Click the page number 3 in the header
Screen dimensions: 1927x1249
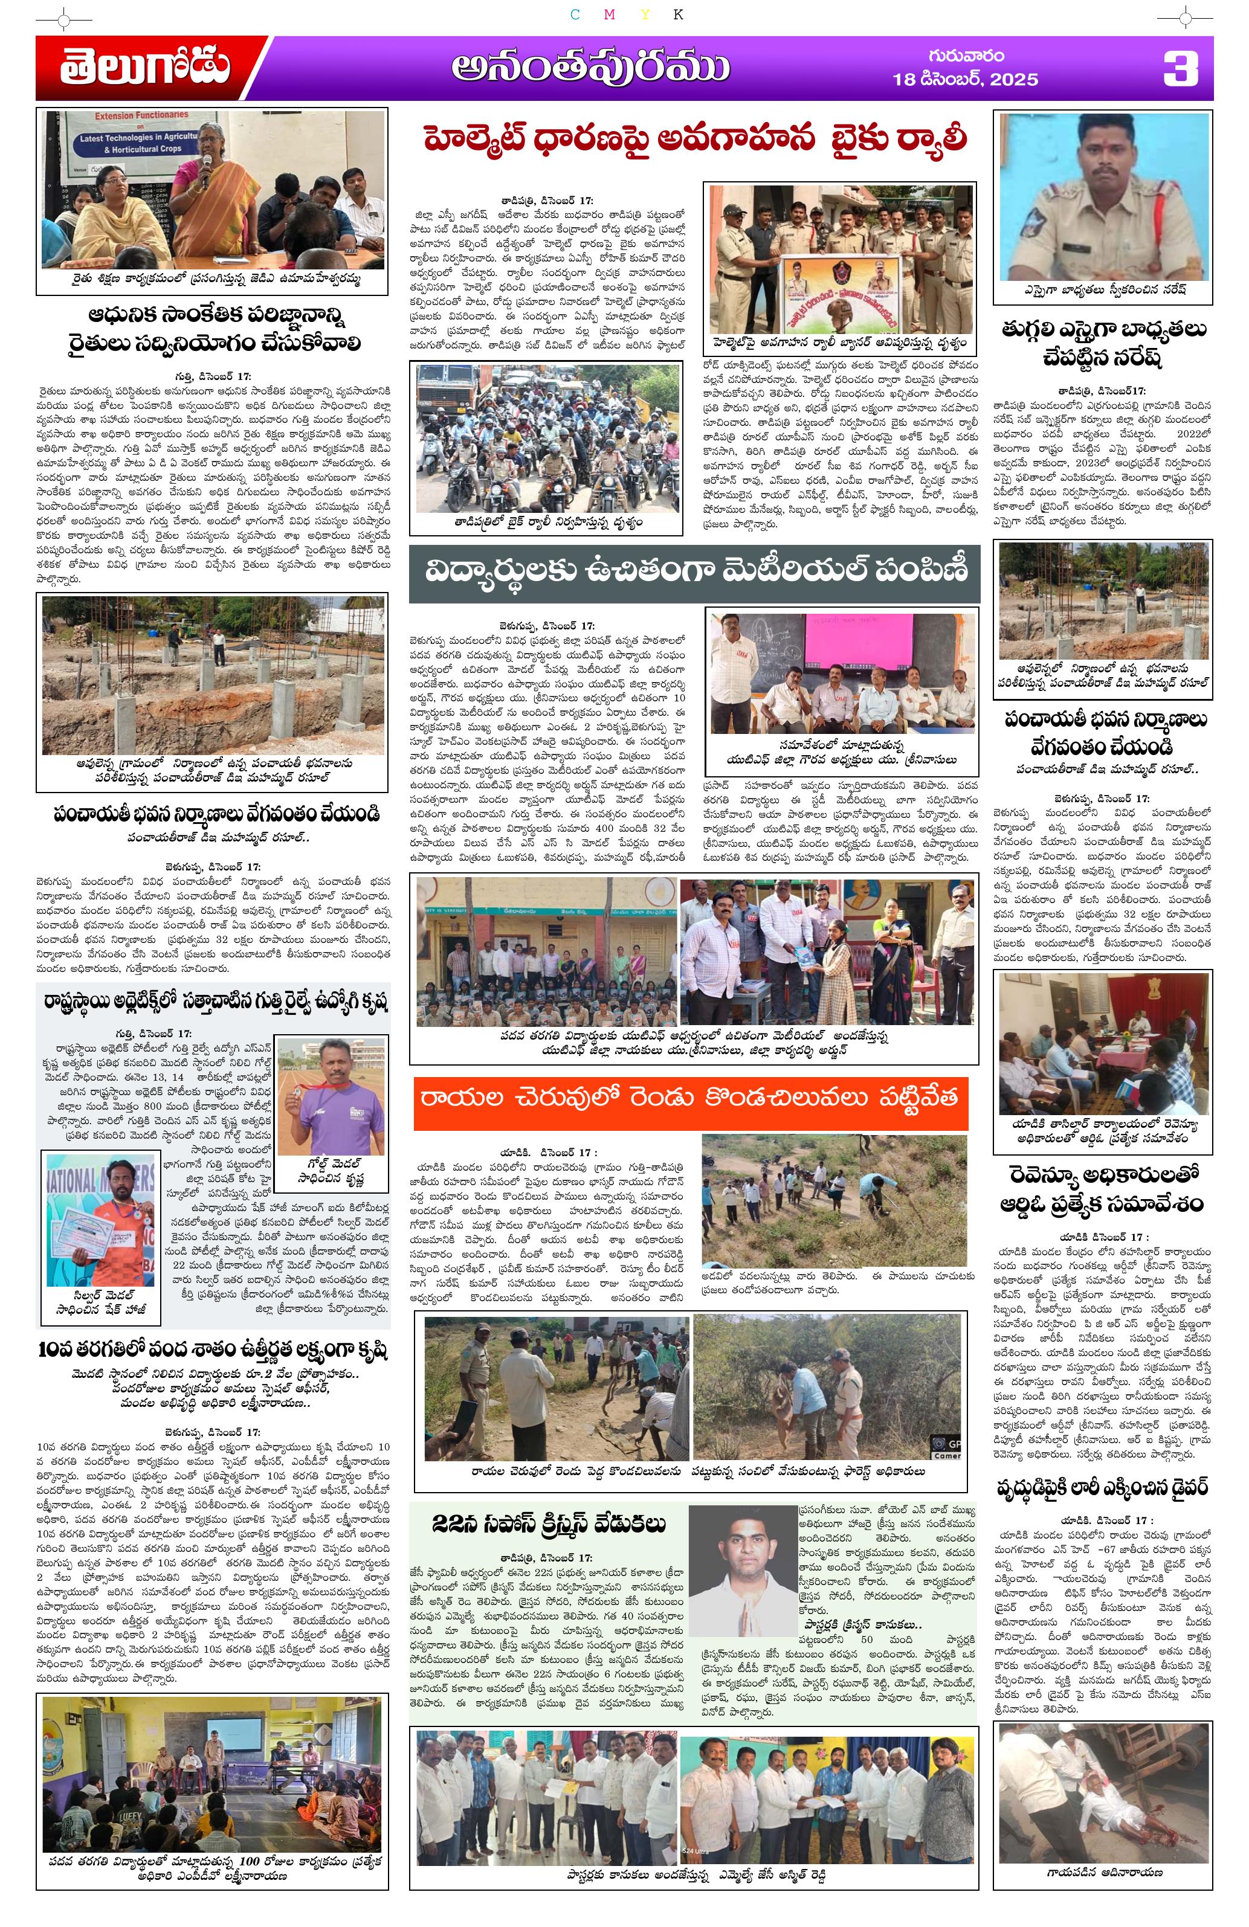point(1180,69)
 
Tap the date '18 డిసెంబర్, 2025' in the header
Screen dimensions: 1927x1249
point(964,79)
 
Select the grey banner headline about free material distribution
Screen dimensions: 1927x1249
point(695,573)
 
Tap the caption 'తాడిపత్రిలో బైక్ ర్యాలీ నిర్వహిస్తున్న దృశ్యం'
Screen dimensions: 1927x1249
point(548,523)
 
